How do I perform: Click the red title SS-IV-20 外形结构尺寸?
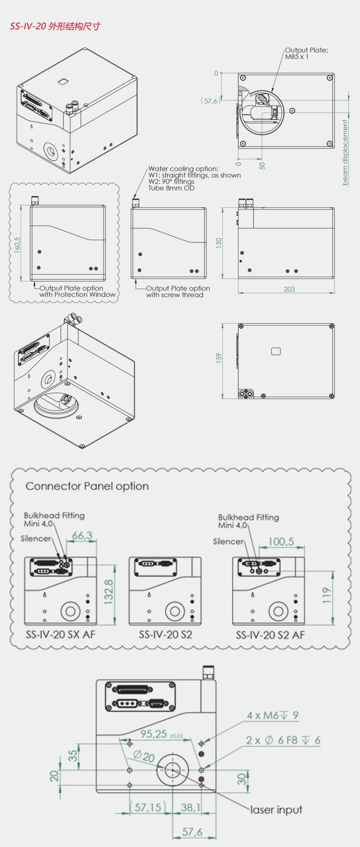click(x=55, y=26)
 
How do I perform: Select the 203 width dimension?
click(x=289, y=289)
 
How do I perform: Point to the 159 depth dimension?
click(x=219, y=358)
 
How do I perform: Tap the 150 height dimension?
click(x=219, y=242)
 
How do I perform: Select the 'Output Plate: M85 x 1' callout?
click(x=306, y=53)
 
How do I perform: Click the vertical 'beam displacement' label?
click(x=345, y=153)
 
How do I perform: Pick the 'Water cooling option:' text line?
click(x=183, y=169)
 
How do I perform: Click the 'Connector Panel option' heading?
click(x=87, y=486)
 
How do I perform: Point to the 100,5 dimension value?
click(x=281, y=542)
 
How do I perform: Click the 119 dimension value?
click(x=327, y=595)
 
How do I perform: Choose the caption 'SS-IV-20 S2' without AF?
click(x=166, y=634)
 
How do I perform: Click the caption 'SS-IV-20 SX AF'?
click(x=60, y=634)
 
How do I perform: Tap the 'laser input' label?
click(x=276, y=810)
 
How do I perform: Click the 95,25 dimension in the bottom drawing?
click(x=154, y=734)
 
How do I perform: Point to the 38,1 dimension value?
click(x=191, y=808)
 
